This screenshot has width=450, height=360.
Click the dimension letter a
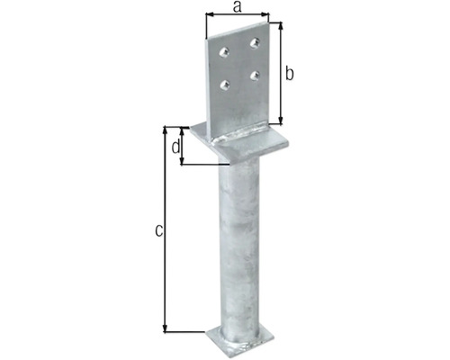click(237, 7)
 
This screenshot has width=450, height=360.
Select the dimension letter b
click(291, 73)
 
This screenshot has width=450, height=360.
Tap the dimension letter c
click(157, 231)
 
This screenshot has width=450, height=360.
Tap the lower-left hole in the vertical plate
click(225, 85)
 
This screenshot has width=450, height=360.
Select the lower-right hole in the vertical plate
click(256, 75)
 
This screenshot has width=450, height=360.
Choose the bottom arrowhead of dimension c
click(166, 330)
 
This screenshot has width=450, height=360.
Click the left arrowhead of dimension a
click(209, 16)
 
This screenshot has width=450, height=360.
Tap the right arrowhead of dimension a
click(267, 16)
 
